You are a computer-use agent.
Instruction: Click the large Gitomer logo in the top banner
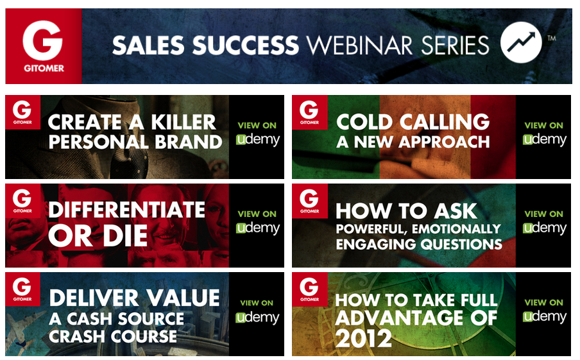click(x=44, y=46)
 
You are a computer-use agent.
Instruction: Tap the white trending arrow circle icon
click(x=521, y=42)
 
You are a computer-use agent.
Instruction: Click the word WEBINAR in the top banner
click(x=359, y=46)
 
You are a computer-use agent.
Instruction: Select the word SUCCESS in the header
click(x=245, y=46)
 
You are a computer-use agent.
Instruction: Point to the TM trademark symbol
click(x=552, y=38)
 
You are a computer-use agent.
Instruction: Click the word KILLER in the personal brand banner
click(x=183, y=122)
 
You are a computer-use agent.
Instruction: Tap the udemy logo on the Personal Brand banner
click(x=258, y=139)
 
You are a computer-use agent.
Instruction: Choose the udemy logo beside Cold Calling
click(x=545, y=139)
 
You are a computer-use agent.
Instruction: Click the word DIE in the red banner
click(x=125, y=236)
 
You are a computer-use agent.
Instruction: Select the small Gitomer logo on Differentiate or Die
click(x=22, y=200)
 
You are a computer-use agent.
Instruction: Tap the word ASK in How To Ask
click(x=456, y=211)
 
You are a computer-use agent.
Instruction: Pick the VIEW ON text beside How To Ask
click(x=544, y=214)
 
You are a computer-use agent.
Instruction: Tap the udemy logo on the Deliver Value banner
click(x=257, y=318)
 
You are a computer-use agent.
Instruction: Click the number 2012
click(x=363, y=338)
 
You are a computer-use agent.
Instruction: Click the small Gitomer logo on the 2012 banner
click(x=310, y=289)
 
